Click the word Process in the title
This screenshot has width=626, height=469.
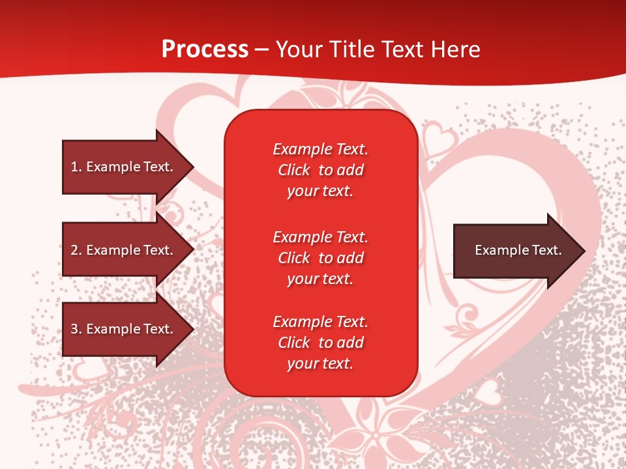[x=205, y=50]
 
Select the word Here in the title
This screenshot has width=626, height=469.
[x=454, y=50]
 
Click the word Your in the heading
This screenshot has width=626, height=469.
[x=300, y=50]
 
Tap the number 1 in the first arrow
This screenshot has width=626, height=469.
[x=74, y=167]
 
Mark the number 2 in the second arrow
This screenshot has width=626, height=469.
[x=74, y=250]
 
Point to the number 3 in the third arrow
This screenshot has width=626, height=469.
[x=74, y=329]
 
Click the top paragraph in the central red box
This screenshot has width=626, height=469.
[x=320, y=170]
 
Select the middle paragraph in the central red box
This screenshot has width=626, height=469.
[x=320, y=258]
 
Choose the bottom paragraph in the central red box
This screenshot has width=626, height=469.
[x=320, y=343]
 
